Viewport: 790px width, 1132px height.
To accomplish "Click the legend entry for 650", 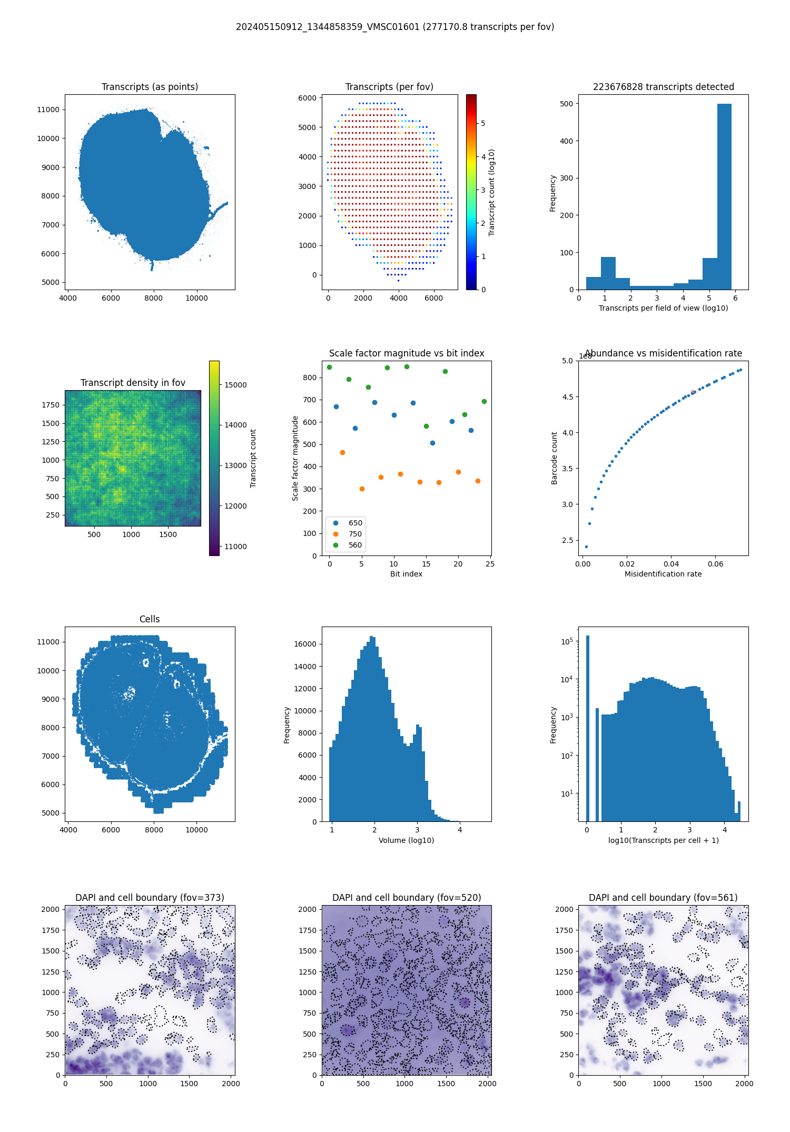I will click(355, 523).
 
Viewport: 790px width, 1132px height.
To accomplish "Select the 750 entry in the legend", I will click(355, 534).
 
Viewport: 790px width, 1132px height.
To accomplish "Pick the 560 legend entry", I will click(355, 545).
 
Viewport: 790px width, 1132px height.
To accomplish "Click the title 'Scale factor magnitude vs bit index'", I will click(407, 353).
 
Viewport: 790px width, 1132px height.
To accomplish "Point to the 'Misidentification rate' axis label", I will click(663, 574).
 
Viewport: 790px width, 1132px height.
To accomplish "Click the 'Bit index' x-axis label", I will click(406, 574).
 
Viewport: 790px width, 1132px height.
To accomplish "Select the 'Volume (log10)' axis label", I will click(406, 840).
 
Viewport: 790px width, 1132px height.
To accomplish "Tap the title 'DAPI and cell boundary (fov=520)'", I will click(407, 898).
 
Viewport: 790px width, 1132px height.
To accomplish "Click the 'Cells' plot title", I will click(150, 619).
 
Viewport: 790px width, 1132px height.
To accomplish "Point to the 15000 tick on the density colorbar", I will click(235, 385).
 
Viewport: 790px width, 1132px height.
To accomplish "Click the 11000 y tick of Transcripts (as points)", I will click(48, 110).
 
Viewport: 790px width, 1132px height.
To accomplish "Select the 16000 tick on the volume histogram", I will click(305, 644).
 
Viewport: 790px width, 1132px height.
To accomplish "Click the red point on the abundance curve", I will click(693, 392).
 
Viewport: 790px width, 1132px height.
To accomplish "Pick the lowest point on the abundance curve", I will click(586, 547).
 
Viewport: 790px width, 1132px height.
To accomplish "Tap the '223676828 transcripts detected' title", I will click(663, 87).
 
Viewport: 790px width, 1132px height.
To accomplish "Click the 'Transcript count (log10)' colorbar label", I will click(491, 192).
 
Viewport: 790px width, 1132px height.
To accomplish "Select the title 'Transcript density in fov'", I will click(133, 383).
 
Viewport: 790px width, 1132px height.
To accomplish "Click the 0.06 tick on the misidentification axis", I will click(715, 564).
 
